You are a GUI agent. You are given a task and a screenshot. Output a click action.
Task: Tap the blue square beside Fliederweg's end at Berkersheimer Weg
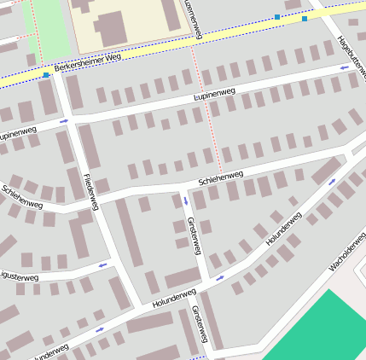click(46, 75)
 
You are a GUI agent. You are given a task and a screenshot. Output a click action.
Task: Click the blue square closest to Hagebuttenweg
click(305, 18)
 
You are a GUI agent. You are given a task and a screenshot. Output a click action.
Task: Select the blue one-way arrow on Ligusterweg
click(102, 265)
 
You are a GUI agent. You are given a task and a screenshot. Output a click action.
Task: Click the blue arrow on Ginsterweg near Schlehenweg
click(185, 201)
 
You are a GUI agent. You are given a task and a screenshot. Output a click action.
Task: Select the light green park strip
click(49, 25)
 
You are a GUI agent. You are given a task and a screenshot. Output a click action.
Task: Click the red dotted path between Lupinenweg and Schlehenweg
click(212, 136)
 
